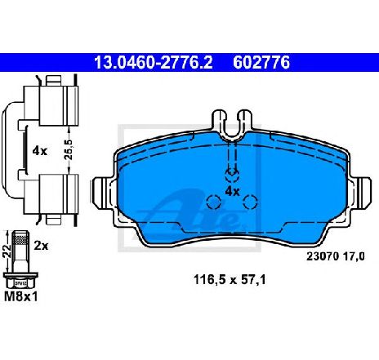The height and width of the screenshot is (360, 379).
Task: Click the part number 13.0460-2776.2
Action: click(154, 63)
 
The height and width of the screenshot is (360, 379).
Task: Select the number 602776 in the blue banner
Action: click(261, 63)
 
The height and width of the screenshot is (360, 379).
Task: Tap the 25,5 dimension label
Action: click(69, 149)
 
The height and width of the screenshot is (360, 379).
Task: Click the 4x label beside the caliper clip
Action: click(40, 150)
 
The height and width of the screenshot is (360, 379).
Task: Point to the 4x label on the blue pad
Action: click(232, 192)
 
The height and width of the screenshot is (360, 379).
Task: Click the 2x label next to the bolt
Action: click(41, 246)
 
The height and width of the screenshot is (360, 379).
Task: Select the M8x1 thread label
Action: click(21, 296)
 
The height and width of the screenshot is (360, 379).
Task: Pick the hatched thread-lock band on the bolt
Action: click(21, 240)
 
